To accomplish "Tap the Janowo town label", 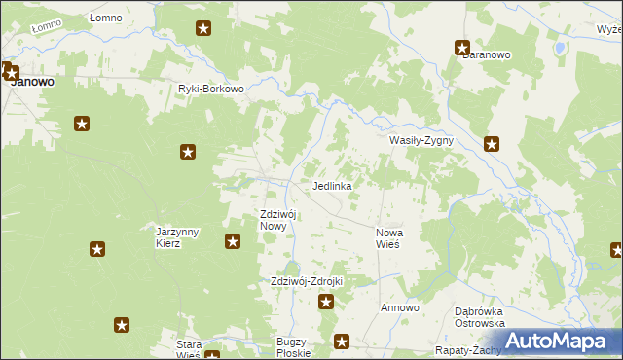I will click(31, 83).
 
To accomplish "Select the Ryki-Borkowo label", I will click(210, 89).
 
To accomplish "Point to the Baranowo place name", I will click(487, 55).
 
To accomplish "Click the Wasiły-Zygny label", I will click(421, 140).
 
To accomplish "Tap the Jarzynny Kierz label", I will click(177, 237).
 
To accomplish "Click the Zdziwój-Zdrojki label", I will click(307, 281).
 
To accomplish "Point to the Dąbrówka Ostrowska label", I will click(479, 317).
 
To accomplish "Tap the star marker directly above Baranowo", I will click(462, 47).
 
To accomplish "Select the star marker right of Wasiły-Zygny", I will click(493, 144).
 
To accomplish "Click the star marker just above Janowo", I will click(10, 70).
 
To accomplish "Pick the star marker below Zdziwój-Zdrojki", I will click(326, 303).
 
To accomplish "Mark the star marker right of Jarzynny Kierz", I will click(233, 241).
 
